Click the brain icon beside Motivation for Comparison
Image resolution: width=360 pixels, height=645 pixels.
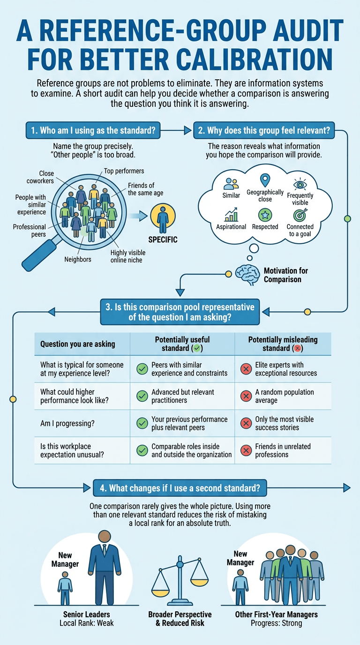(x=247, y=275)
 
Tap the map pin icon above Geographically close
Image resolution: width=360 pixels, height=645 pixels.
(x=265, y=180)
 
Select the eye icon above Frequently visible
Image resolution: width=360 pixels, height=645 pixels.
(x=300, y=184)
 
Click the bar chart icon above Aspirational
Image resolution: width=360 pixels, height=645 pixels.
(x=231, y=215)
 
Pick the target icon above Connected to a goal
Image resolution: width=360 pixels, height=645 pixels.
(x=300, y=215)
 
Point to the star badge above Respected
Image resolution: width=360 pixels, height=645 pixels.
(x=265, y=215)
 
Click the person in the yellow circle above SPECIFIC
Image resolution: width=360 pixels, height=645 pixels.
(x=163, y=219)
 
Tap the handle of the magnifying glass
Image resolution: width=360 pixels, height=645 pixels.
(x=39, y=255)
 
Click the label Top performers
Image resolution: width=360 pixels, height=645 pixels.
(x=124, y=171)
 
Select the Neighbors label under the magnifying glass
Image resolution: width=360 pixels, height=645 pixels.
(x=78, y=259)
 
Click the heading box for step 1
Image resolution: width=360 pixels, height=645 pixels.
(x=93, y=130)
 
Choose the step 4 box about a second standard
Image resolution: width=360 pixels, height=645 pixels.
(x=180, y=488)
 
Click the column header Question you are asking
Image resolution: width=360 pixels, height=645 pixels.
(x=78, y=344)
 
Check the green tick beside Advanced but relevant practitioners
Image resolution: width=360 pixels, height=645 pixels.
(x=142, y=396)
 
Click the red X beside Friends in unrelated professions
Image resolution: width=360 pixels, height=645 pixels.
(x=246, y=450)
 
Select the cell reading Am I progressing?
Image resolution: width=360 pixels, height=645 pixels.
(x=67, y=424)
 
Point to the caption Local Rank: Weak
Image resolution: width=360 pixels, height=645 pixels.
(x=87, y=623)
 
